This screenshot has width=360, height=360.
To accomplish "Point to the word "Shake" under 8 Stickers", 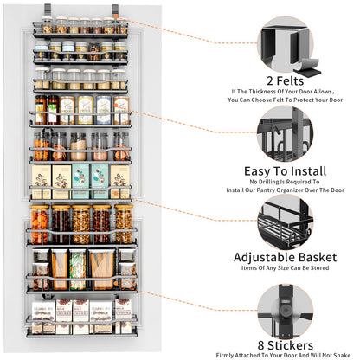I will (343, 352).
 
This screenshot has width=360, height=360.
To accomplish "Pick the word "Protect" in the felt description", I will (306, 100).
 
